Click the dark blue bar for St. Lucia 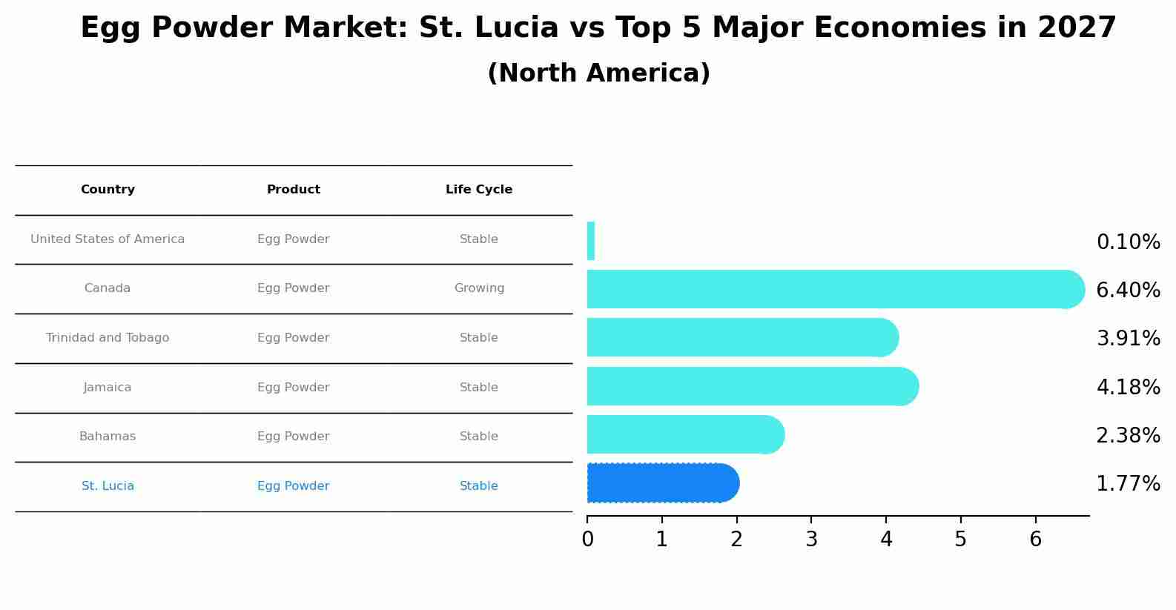[x=660, y=483]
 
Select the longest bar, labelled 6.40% [x=830, y=289]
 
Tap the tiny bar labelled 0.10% [x=591, y=241]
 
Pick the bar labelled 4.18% [x=749, y=386]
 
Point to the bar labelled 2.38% [x=682, y=434]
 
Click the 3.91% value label [x=1128, y=339]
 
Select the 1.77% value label [x=1128, y=484]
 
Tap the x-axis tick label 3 [x=811, y=540]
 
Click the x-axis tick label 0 [x=587, y=540]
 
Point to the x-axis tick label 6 [x=1035, y=540]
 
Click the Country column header [x=108, y=190]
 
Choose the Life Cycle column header [x=479, y=190]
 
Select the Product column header [x=294, y=190]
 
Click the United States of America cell [x=108, y=239]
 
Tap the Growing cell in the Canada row [x=479, y=288]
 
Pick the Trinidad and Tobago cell [x=108, y=338]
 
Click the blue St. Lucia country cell [x=108, y=486]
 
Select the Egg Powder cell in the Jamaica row [x=294, y=388]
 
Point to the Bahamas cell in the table [x=108, y=437]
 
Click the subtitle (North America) [x=598, y=73]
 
